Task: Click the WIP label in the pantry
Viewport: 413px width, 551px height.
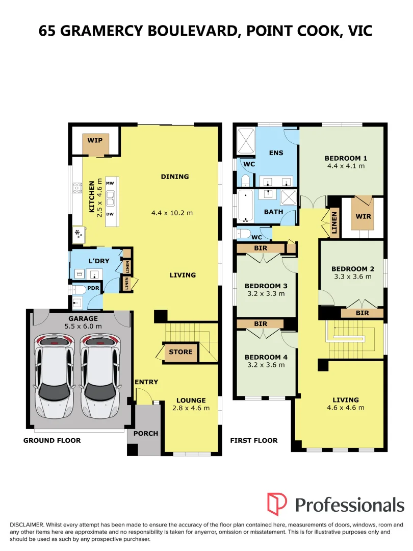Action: coord(95,140)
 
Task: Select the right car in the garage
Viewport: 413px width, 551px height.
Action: coord(100,375)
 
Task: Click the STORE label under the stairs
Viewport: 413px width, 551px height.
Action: coord(180,352)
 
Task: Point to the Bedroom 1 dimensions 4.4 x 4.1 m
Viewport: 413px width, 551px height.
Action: coord(346,166)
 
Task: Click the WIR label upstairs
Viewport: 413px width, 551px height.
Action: coord(363,216)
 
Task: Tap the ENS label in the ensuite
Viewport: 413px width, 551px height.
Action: coord(276,153)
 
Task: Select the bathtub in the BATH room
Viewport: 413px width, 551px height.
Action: coord(245,206)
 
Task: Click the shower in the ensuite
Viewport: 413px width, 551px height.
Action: coord(246,141)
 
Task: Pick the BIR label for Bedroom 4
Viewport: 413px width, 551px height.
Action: coord(261,323)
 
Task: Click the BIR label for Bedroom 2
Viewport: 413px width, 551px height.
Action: coord(363,313)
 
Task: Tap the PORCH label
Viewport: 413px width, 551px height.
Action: coord(146,434)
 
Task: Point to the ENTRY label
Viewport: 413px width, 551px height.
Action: coord(146,382)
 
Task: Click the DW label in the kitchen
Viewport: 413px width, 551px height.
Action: coord(110,214)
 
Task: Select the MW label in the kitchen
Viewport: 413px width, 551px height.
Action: coord(110,183)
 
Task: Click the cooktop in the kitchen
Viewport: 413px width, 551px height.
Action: coord(78,188)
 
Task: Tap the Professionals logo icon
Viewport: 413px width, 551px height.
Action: coord(277,504)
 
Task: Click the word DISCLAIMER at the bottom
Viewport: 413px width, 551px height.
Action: coord(27,525)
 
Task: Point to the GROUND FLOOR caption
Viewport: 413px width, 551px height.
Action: coord(52,441)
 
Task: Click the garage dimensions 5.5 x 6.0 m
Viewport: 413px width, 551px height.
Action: coord(83,327)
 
